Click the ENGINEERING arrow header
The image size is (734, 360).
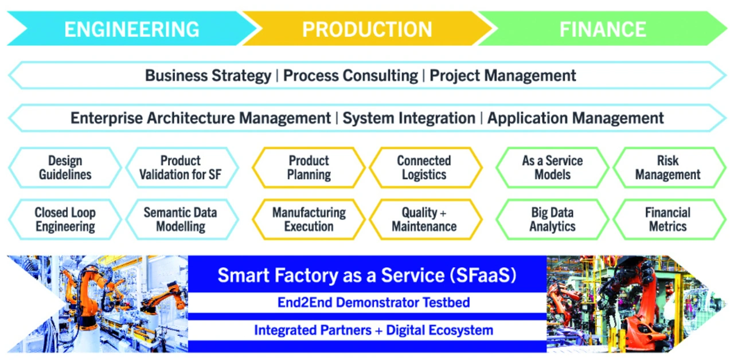pyautogui.click(x=131, y=29)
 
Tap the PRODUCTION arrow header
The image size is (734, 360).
pyautogui.click(x=367, y=29)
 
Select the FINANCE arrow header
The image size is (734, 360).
pyautogui.click(x=603, y=29)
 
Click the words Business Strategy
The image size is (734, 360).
pyautogui.click(x=208, y=76)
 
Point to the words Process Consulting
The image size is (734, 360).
pyautogui.click(x=350, y=76)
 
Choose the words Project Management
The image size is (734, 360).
pyautogui.click(x=503, y=76)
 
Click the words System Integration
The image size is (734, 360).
pyautogui.click(x=409, y=118)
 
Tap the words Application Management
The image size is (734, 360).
pyautogui.click(x=575, y=118)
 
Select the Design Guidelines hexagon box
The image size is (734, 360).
pyautogui.click(x=65, y=167)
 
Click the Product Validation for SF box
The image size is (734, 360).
pyautogui.click(x=181, y=167)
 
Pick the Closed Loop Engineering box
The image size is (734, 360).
pyautogui.click(x=65, y=219)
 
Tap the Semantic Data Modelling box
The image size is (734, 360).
pyautogui.click(x=181, y=219)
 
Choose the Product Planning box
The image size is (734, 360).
pyautogui.click(x=309, y=167)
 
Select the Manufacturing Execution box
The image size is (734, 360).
pyautogui.click(x=309, y=219)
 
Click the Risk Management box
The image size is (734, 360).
pyautogui.click(x=668, y=167)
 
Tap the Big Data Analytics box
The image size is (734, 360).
pyautogui.click(x=552, y=219)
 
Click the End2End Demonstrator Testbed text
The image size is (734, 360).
pyautogui.click(x=373, y=302)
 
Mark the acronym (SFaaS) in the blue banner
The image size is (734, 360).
pyautogui.click(x=483, y=275)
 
